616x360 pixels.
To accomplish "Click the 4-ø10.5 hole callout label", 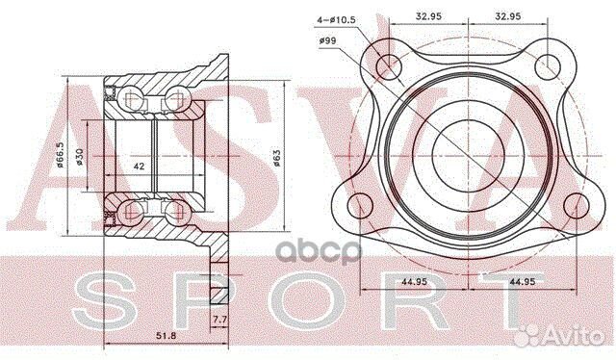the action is (x=336, y=19).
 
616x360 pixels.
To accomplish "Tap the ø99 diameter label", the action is (x=328, y=40).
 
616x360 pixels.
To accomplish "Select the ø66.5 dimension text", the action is (x=60, y=154).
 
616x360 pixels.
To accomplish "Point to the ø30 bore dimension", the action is (x=80, y=157).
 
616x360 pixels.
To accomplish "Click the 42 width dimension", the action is (x=139, y=167).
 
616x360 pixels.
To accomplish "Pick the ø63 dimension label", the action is (x=276, y=158).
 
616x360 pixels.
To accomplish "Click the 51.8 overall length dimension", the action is (x=167, y=336).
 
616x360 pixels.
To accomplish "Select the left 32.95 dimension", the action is (x=428, y=16).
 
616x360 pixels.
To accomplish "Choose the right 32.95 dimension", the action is (x=508, y=16).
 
